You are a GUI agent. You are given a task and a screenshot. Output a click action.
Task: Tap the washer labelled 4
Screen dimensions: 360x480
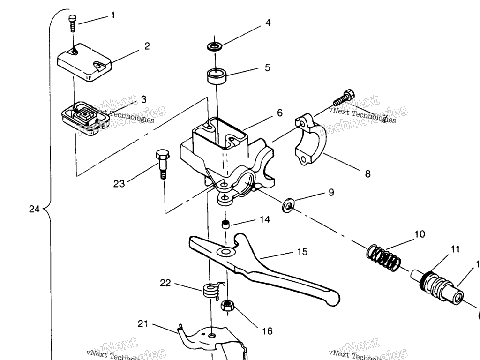pyautogui.click(x=215, y=47)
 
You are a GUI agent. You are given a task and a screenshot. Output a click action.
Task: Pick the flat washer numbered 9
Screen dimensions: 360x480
pyautogui.click(x=288, y=205)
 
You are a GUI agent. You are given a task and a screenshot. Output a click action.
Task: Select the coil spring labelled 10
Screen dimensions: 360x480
pyautogui.click(x=383, y=258)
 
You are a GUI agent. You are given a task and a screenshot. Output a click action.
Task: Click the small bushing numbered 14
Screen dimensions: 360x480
pyautogui.click(x=225, y=224)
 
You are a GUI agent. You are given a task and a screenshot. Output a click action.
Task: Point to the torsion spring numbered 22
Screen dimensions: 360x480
pyautogui.click(x=212, y=292)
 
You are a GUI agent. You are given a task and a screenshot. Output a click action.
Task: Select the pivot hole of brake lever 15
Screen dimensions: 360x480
pyautogui.click(x=226, y=253)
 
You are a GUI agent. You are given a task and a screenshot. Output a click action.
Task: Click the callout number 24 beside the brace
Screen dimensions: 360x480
pyautogui.click(x=34, y=209)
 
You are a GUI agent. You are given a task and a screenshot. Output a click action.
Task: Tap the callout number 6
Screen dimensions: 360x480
pyautogui.click(x=279, y=113)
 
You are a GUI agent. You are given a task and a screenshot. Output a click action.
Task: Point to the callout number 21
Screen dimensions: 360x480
pyautogui.click(x=143, y=323)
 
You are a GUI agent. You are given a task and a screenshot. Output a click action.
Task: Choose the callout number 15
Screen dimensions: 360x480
pyautogui.click(x=302, y=252)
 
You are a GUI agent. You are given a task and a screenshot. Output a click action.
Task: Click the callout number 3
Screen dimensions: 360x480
pyautogui.click(x=143, y=99)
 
